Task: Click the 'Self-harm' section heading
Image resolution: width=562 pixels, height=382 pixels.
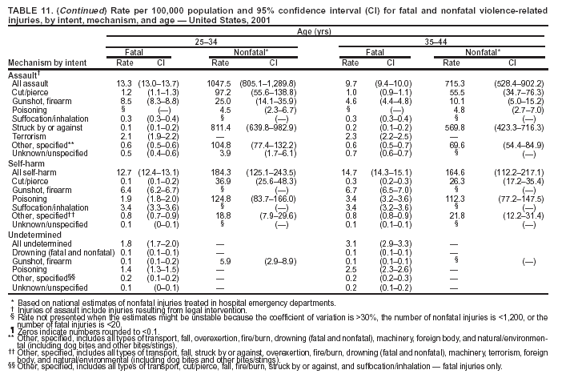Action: pyautogui.click(x=26, y=163)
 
